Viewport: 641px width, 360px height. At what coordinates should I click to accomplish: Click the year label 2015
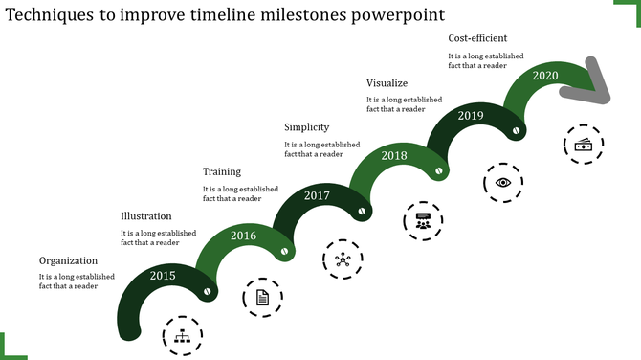(x=164, y=276)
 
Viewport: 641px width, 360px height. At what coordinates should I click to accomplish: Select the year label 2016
(x=243, y=236)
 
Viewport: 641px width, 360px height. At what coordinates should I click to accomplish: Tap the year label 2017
(x=317, y=195)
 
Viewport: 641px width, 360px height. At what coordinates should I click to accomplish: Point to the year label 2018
(x=394, y=155)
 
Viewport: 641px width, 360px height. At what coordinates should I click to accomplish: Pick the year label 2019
(x=471, y=115)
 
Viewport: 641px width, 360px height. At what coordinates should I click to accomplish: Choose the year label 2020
(x=545, y=76)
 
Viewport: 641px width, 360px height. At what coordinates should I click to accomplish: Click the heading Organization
(x=68, y=260)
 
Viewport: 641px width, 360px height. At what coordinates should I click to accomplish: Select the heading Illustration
(x=146, y=216)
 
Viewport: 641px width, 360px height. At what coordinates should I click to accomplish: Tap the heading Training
(x=222, y=171)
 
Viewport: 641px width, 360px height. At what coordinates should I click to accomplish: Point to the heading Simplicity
(x=307, y=127)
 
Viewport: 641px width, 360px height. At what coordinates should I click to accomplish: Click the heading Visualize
(x=387, y=82)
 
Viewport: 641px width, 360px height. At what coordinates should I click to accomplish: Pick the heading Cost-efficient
(x=477, y=38)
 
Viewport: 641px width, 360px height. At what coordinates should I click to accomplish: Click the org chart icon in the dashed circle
(x=183, y=336)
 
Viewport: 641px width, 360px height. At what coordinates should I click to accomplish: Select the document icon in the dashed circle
(x=262, y=298)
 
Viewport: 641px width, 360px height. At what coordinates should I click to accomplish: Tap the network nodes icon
(x=343, y=259)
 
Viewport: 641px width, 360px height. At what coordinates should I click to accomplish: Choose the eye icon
(x=503, y=182)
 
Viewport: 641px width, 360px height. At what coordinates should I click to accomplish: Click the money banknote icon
(x=583, y=144)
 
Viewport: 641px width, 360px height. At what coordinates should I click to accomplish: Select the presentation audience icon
(x=423, y=221)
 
